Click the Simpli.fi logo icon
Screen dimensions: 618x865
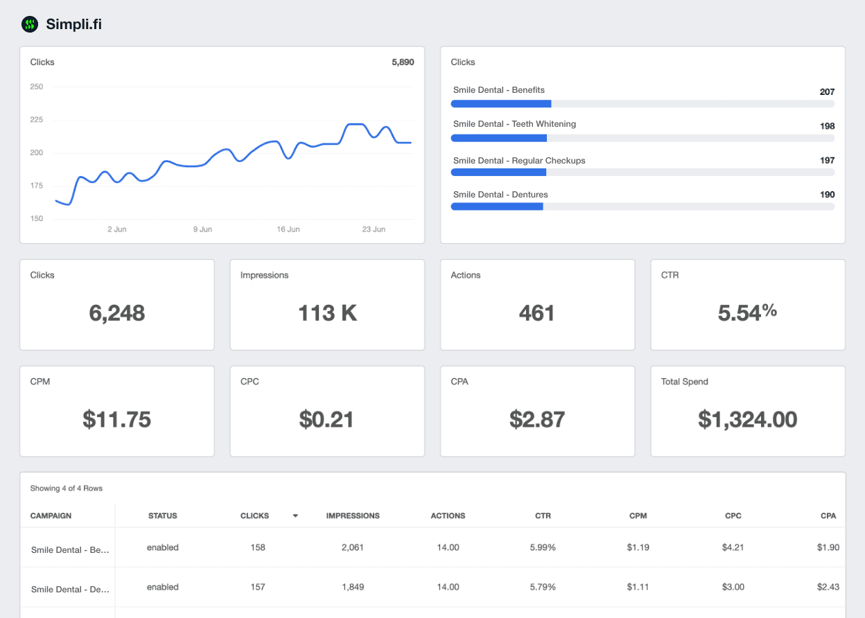[x=30, y=25]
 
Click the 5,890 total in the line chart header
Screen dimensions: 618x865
[x=403, y=62]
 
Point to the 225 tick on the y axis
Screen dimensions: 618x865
[x=37, y=120]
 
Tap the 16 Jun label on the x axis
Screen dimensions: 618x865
[x=288, y=229]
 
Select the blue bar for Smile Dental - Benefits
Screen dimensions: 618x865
[x=500, y=104]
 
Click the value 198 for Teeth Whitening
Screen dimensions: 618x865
[x=827, y=126]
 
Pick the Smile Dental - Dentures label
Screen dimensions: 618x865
[x=500, y=195]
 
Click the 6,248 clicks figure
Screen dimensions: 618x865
[x=117, y=313]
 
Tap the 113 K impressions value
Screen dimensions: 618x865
[x=327, y=313]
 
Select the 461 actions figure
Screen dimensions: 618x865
[x=537, y=313]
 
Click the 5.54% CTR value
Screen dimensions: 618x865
[x=747, y=313]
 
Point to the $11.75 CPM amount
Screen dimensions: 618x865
[x=117, y=419]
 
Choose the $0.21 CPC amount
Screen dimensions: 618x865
[x=327, y=419]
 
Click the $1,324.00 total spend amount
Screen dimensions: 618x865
[x=747, y=419]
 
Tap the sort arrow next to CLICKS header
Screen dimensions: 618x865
[x=295, y=516]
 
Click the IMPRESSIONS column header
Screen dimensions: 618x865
[x=353, y=516]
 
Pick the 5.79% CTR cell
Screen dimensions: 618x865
[x=543, y=587]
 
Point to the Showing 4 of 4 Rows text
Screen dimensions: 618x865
[x=67, y=488]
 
